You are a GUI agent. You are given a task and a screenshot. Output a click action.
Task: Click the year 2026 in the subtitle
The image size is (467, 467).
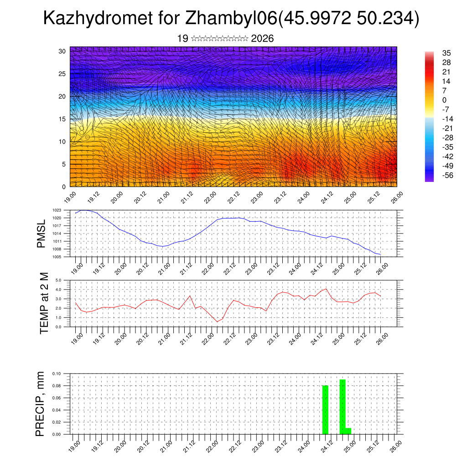tap(262, 38)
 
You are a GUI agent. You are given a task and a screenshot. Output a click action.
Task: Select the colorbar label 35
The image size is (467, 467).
tap(446, 53)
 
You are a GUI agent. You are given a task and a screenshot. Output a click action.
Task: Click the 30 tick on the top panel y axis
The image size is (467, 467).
tap(62, 51)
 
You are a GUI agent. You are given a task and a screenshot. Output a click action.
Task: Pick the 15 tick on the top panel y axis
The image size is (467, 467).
tap(62, 119)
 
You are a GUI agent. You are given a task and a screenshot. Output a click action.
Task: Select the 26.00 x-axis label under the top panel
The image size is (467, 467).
tap(395, 198)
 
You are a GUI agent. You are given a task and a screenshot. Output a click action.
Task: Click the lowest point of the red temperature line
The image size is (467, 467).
tap(218, 322)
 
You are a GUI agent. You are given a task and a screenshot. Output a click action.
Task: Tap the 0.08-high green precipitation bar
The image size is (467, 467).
tap(325, 410)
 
